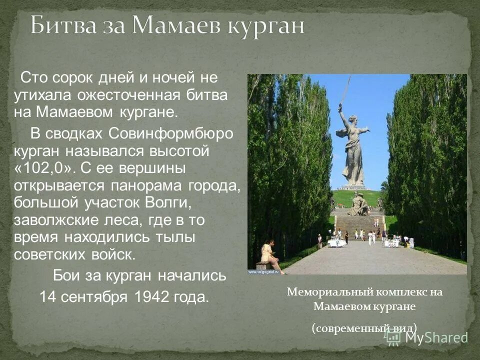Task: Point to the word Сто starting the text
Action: [31, 78]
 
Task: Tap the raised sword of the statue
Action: [344, 90]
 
